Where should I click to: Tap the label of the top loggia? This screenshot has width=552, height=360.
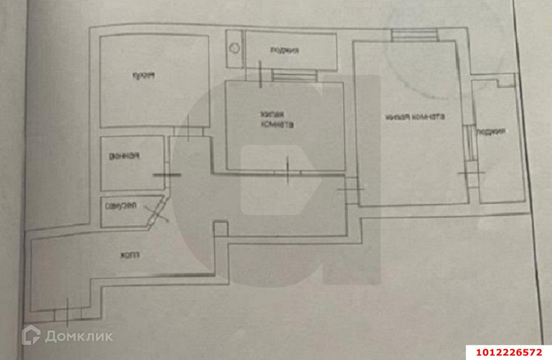click(284, 51)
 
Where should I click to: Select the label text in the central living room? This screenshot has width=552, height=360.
click(277, 120)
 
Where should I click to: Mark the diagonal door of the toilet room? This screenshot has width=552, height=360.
click(157, 211)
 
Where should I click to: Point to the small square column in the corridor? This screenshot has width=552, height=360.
click(221, 229)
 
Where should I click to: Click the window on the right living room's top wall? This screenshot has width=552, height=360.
click(415, 34)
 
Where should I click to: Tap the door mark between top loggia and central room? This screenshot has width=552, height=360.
click(261, 74)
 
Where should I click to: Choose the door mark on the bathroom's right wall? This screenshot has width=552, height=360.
click(167, 174)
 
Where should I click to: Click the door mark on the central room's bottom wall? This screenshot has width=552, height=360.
click(288, 171)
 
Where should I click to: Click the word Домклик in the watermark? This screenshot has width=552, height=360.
click(79, 336)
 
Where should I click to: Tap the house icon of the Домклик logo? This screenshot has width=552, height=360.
click(31, 335)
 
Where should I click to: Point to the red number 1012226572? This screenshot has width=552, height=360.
click(508, 352)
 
